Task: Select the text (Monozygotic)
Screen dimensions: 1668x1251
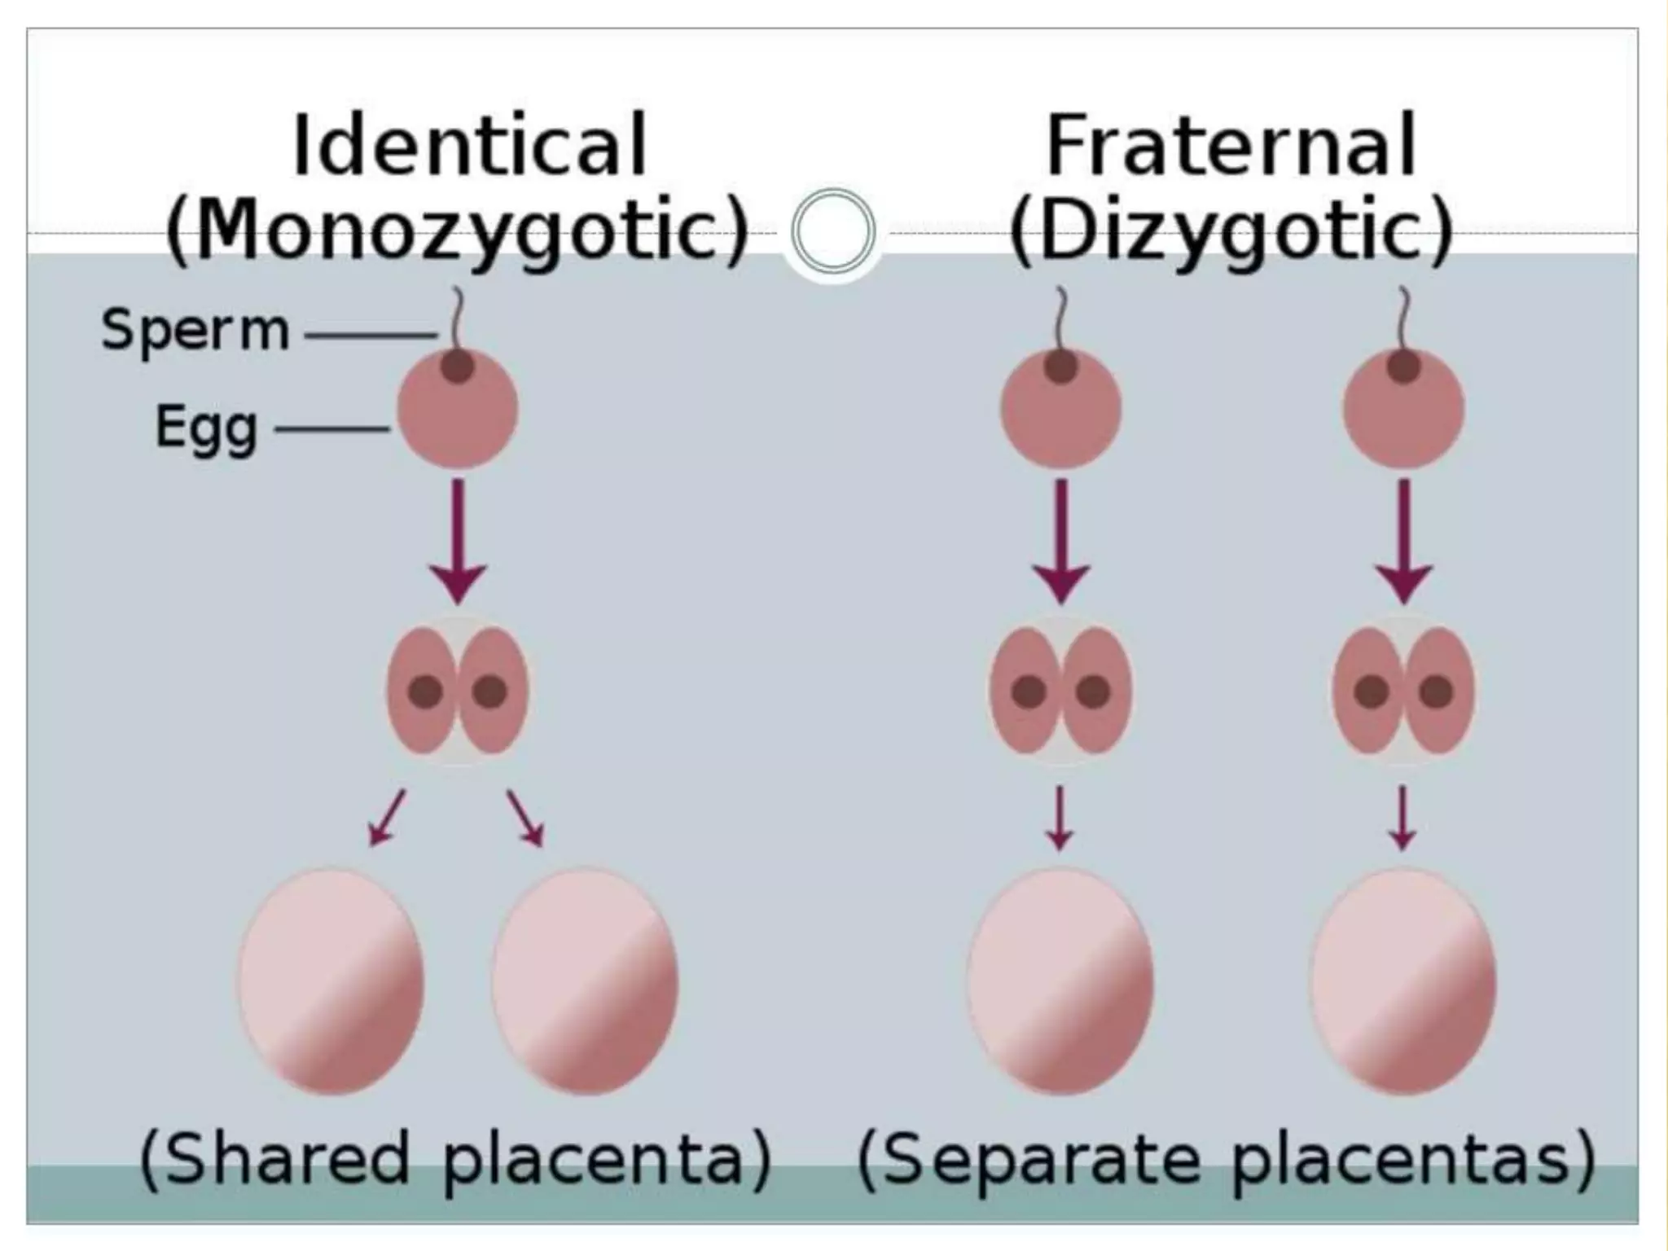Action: click(457, 230)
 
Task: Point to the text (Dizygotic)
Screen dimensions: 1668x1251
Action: click(1231, 230)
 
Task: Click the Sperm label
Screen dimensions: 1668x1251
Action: click(195, 331)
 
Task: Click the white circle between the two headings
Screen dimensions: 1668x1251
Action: click(832, 231)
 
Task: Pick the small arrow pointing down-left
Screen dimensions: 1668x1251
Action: click(386, 818)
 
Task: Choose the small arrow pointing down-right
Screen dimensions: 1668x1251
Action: click(525, 818)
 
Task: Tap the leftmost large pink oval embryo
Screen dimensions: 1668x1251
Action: click(331, 981)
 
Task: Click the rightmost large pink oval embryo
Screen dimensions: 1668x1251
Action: click(1403, 981)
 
